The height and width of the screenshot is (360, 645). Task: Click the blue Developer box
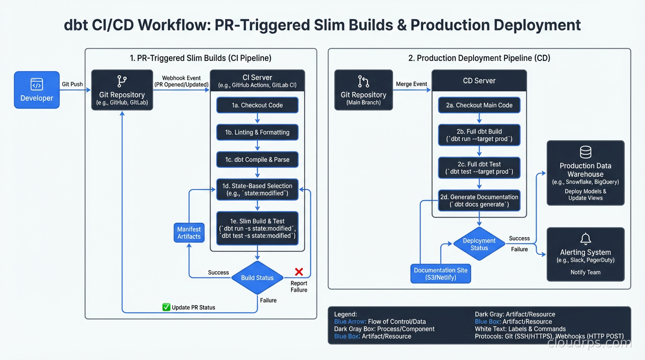(x=37, y=90)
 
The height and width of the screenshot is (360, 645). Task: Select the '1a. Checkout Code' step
(x=257, y=105)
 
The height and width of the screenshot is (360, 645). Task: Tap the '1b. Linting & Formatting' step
(x=257, y=132)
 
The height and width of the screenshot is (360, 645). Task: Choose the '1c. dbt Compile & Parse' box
(x=257, y=159)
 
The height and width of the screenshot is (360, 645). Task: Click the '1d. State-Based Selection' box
(x=257, y=189)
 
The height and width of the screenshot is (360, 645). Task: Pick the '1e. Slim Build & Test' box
(x=257, y=228)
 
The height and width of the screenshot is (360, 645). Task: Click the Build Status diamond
(x=257, y=277)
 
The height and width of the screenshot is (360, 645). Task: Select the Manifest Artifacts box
(x=189, y=233)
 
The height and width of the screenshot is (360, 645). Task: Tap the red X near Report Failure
(x=299, y=272)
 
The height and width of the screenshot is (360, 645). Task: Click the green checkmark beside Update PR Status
(x=166, y=307)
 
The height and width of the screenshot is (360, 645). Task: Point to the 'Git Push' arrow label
(x=72, y=84)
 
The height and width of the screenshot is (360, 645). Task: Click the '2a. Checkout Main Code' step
(x=479, y=105)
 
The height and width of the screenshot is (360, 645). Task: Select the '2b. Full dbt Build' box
(x=479, y=135)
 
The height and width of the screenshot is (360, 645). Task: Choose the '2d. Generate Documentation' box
(x=479, y=201)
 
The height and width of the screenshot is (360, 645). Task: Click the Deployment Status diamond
(x=479, y=244)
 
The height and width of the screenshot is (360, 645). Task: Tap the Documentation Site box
(x=441, y=274)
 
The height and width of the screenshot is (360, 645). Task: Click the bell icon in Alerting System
(x=585, y=239)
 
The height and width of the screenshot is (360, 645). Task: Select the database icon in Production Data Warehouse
(x=585, y=152)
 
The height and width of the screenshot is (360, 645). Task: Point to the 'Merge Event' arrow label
(x=412, y=84)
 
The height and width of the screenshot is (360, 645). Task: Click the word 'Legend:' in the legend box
(x=345, y=314)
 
